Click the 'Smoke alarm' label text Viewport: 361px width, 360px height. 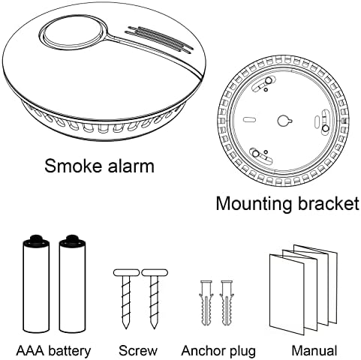(99, 165)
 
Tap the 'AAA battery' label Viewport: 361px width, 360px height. (53, 350)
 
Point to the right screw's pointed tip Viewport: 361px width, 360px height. (155, 328)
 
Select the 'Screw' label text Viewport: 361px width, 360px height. (138, 350)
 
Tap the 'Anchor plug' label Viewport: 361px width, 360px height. (218, 350)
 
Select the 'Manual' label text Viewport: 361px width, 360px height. (315, 350)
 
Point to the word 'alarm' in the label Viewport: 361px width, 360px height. (129, 165)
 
